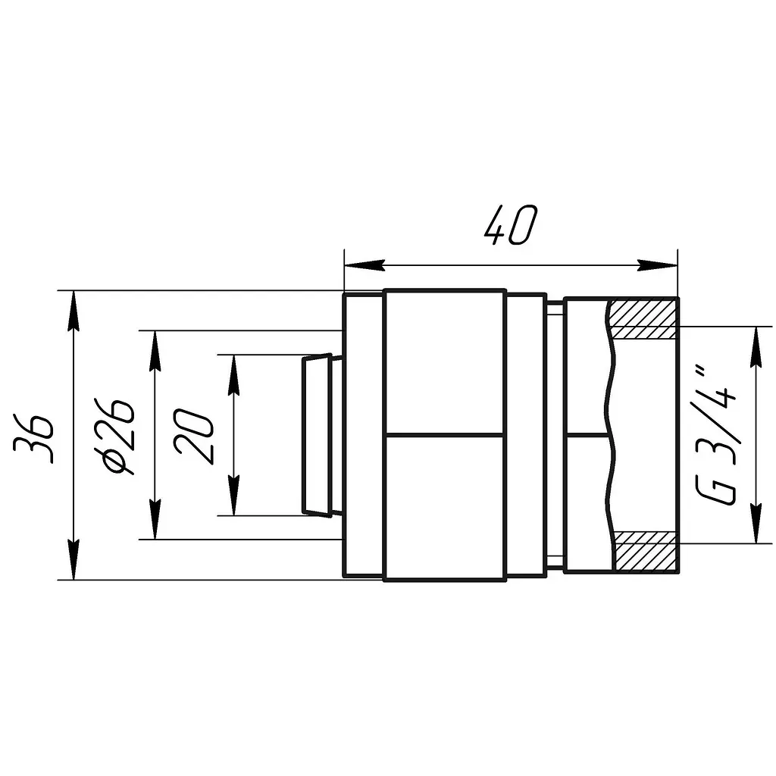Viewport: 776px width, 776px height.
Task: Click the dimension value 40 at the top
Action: [x=510, y=226]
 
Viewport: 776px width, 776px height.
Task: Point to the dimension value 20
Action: [x=194, y=436]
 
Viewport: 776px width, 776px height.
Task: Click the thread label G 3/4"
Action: [x=716, y=436]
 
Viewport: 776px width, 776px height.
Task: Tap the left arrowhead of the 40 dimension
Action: [x=365, y=265]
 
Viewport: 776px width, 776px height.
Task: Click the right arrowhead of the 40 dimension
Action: [x=658, y=265]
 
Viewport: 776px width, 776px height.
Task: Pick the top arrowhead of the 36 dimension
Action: [x=74, y=310]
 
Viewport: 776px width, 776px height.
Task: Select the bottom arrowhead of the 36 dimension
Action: [x=74, y=560]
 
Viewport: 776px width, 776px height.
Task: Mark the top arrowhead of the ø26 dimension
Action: [x=155, y=350]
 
